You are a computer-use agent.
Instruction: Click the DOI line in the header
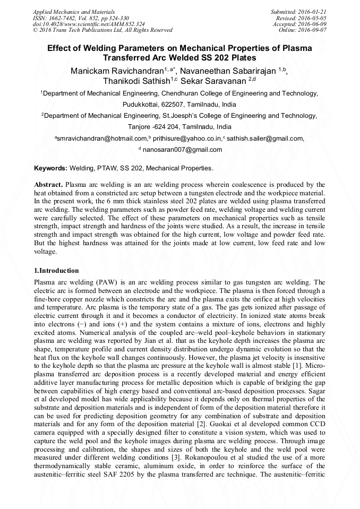click(x=89, y=24)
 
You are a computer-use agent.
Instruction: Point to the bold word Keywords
click(x=50, y=168)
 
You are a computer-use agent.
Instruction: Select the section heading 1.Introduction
click(x=56, y=271)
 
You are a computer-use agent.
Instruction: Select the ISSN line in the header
click(x=80, y=18)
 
